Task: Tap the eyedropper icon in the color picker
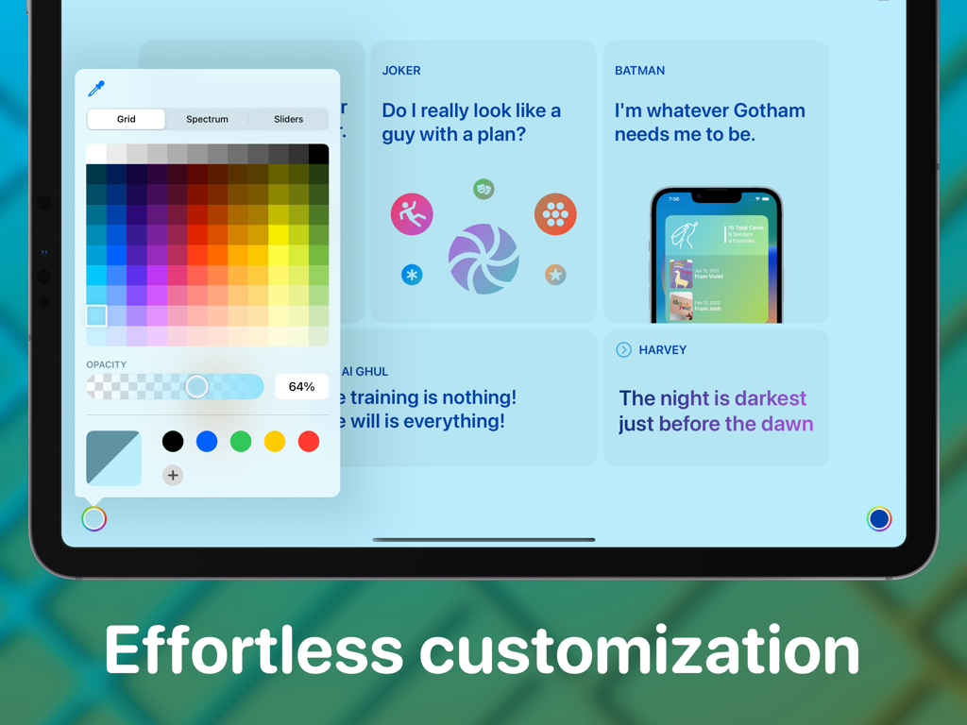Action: pos(96,89)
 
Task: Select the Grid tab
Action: pos(127,119)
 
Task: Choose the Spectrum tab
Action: pos(207,119)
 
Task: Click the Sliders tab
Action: pos(288,119)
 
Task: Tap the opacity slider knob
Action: pos(196,386)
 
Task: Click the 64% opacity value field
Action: pos(301,386)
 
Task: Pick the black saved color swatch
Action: pos(173,441)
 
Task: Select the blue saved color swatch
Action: pos(207,441)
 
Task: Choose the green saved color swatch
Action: pos(241,441)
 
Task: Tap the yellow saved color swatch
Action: pos(275,441)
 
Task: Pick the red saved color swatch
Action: pos(309,441)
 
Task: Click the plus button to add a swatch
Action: pos(173,475)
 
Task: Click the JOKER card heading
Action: pos(401,71)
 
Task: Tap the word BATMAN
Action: pos(639,71)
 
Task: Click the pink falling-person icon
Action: pos(412,214)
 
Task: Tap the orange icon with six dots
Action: pos(555,214)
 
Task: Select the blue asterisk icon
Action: pos(412,275)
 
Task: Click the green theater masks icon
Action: pos(483,189)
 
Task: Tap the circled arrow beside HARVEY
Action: pos(623,350)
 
